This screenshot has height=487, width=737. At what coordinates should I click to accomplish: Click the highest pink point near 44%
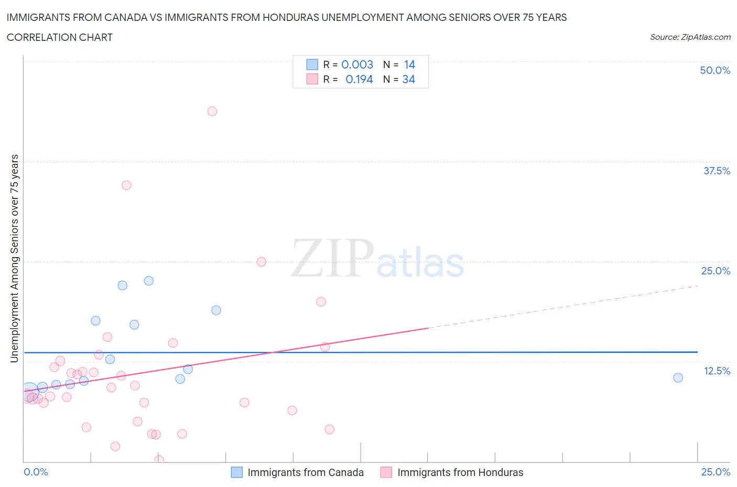coord(212,111)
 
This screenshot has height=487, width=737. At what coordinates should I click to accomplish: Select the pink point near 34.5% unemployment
coord(126,185)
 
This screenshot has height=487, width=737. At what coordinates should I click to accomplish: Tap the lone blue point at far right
coord(678,378)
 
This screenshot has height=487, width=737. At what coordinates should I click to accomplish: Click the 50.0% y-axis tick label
coord(715,70)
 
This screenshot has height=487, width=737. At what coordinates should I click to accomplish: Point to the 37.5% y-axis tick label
coord(717,171)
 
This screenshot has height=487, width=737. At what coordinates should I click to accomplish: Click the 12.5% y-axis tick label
coord(717,371)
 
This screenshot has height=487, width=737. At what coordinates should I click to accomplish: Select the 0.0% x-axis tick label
coord(36,472)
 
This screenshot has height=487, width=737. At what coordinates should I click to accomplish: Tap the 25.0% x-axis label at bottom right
coord(716,472)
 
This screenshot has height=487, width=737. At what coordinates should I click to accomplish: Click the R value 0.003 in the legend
coord(357,64)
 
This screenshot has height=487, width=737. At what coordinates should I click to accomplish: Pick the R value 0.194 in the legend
coord(359,79)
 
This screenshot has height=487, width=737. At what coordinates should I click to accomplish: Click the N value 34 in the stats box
coord(408,79)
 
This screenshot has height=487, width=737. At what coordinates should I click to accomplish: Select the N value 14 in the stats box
coord(409,64)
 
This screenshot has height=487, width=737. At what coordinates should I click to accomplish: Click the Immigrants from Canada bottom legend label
coord(306,472)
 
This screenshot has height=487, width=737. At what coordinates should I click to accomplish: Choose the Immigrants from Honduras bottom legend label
coord(460,472)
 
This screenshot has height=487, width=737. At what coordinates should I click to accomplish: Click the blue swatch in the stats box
coord(312,64)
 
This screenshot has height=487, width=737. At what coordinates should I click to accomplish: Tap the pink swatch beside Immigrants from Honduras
coord(386,472)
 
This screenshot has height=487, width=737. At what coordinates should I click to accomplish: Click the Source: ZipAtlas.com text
coord(690,37)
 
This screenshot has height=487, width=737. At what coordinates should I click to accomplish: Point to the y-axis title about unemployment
coord(14,258)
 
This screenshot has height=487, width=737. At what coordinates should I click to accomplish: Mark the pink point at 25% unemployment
coord(262,262)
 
